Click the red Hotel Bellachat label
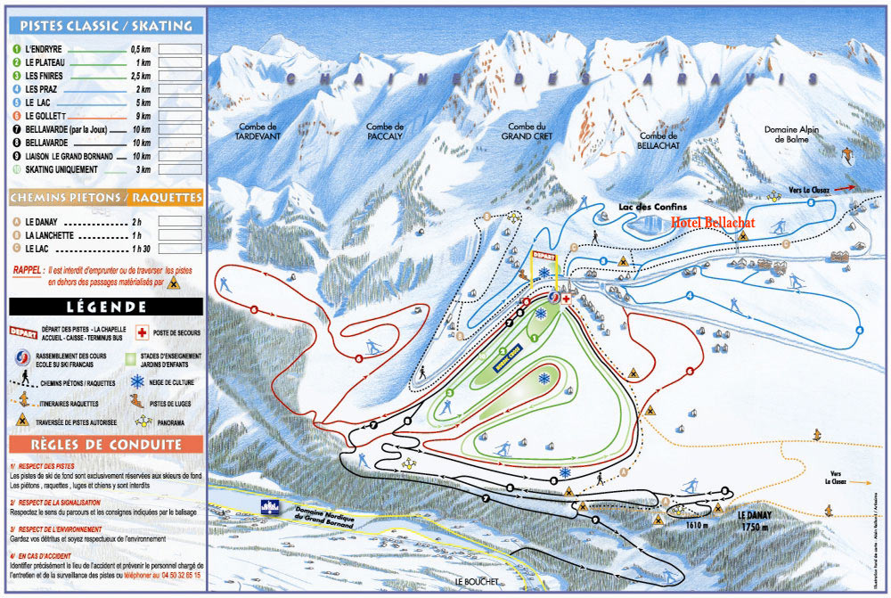coord(713,222)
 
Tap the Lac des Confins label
coord(653,207)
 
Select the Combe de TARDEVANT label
coord(257,132)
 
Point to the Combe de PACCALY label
coord(385,132)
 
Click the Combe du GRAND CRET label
coord(527,132)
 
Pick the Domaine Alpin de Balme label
coord(790,135)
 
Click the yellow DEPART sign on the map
coord(544,255)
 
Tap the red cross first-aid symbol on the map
coord(566,299)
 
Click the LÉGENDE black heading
coord(106,307)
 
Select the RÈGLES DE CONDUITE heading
coord(106,444)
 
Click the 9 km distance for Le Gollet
coord(140,116)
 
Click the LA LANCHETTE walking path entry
coord(53,235)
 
